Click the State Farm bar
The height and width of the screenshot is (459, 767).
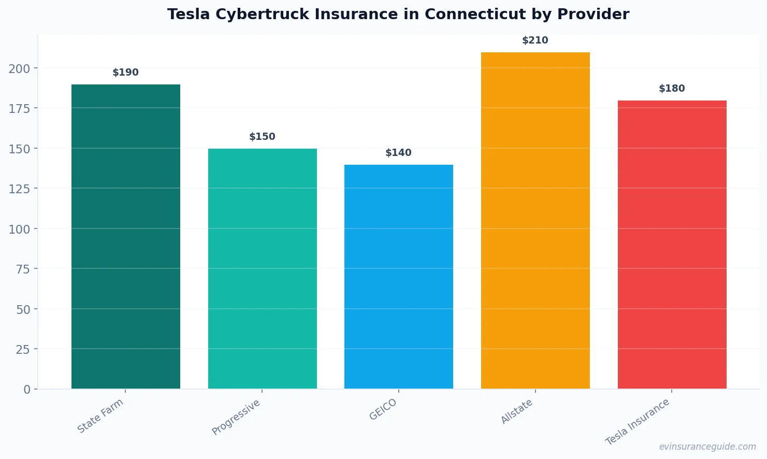coord(126,236)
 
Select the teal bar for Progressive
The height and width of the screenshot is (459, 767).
coord(263,268)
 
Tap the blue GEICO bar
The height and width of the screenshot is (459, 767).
coord(399,277)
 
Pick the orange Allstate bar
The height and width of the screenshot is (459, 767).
coord(536,220)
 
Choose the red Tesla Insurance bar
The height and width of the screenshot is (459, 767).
coord(672,245)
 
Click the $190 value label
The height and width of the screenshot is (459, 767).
coord(126,73)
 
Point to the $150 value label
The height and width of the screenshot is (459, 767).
coord(263,137)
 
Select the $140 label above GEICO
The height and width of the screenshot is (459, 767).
coord(399,153)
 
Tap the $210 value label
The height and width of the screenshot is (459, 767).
coord(536,40)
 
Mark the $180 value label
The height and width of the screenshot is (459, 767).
coord(672,89)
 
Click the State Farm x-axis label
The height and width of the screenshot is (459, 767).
coord(100,416)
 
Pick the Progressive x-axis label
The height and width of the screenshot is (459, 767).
coord(236,418)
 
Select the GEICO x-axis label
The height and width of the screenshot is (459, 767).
coord(383,410)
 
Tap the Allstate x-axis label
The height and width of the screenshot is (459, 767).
coord(517,412)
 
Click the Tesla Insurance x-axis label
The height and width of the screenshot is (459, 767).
coord(638,422)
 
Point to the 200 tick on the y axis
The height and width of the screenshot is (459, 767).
coord(19,68)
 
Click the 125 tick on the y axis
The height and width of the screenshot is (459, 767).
coord(19,189)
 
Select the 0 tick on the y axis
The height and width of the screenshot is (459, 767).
coord(27,390)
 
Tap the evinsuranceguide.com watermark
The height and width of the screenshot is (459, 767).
coord(707,447)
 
